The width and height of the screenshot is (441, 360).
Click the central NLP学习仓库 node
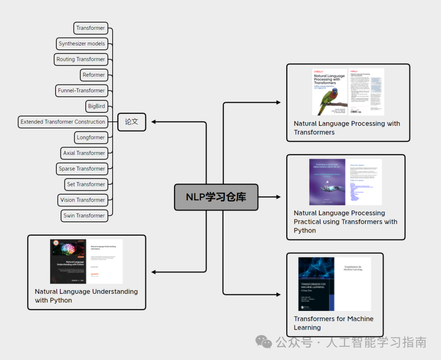coord(216,197)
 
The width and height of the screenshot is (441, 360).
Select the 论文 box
coord(131,122)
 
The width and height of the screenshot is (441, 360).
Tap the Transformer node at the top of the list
coord(91,28)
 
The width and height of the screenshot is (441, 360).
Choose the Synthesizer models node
coord(82,44)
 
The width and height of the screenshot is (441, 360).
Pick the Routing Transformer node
coord(81,59)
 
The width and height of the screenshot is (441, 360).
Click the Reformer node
coord(94,75)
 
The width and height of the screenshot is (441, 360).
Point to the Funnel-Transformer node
coord(81,90)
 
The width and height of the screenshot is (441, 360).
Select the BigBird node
coord(96,106)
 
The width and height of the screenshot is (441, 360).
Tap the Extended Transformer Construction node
coord(63,122)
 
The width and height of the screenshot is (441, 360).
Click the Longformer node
coord(91,137)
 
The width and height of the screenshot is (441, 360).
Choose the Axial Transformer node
coord(84,153)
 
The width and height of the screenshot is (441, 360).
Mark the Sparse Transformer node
coord(82,169)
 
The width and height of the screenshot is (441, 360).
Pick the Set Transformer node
coord(86,184)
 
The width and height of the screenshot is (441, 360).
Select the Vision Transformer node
coord(82,200)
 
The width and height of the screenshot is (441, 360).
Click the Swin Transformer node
coord(84,215)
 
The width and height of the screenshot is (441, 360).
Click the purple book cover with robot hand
coord(327,182)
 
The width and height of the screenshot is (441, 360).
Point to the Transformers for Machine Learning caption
coord(334,323)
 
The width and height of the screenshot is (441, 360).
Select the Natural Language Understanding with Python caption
coord(86,296)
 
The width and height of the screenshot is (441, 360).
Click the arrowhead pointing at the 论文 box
coord(153,122)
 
